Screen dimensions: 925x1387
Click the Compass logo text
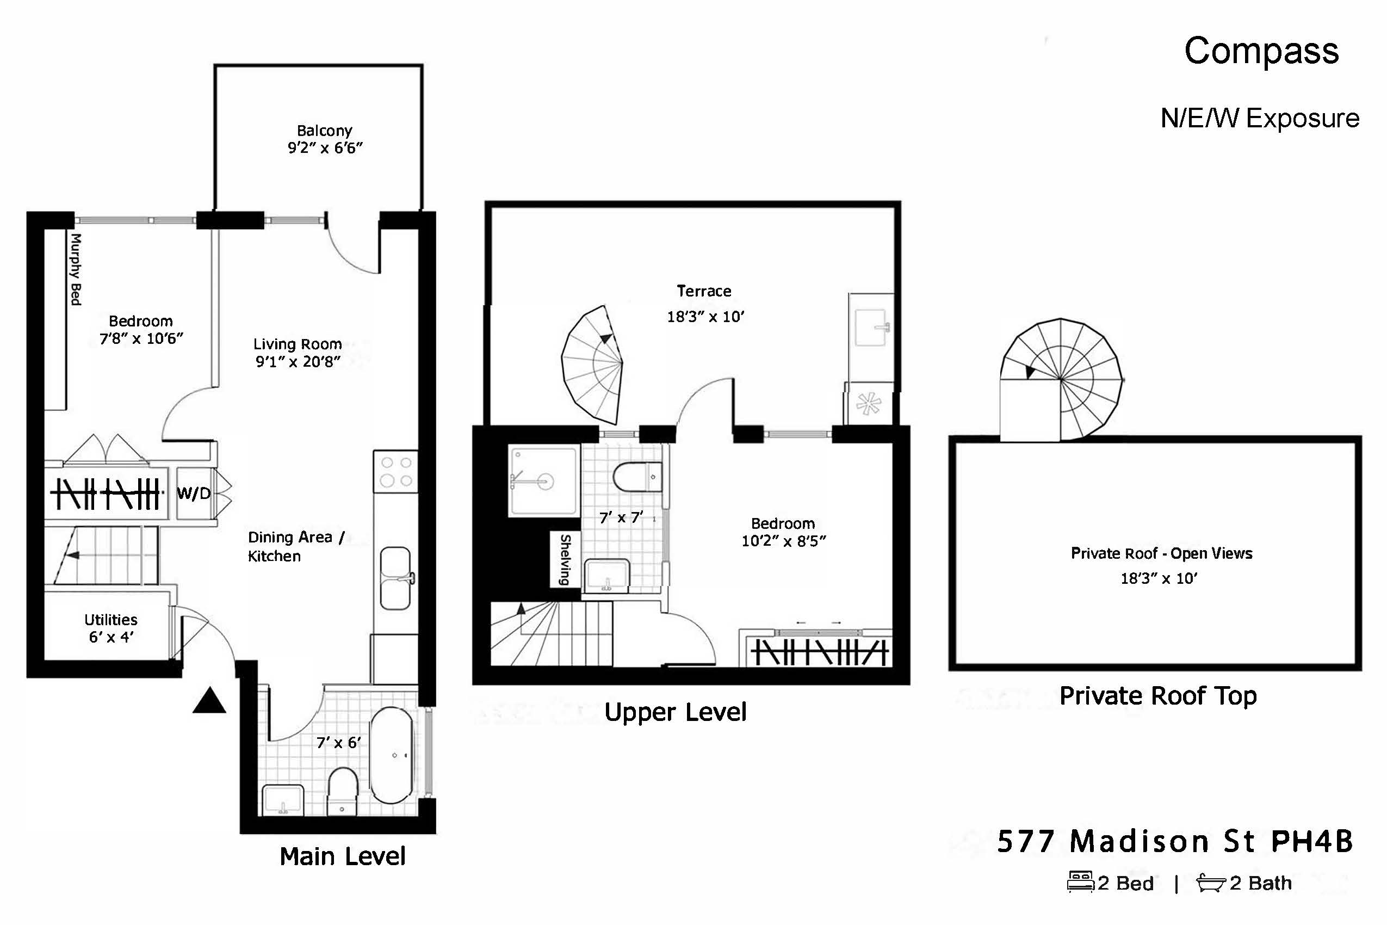tap(1261, 51)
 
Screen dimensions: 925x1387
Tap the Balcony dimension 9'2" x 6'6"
tap(325, 148)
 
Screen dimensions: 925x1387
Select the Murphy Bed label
tap(76, 269)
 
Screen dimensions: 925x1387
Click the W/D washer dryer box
tap(194, 493)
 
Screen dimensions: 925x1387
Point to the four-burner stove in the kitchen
tap(395, 472)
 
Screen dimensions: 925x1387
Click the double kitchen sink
tap(395, 578)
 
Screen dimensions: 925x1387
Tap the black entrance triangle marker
tap(209, 701)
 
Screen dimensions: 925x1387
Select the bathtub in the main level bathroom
tap(392, 756)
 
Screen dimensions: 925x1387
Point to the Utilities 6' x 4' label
tap(111, 628)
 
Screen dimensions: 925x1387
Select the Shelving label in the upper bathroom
tap(565, 559)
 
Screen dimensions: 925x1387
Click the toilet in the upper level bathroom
tap(637, 477)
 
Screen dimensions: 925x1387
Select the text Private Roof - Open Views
tap(1161, 553)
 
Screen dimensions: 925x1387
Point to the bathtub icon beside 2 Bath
tap(1211, 884)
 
